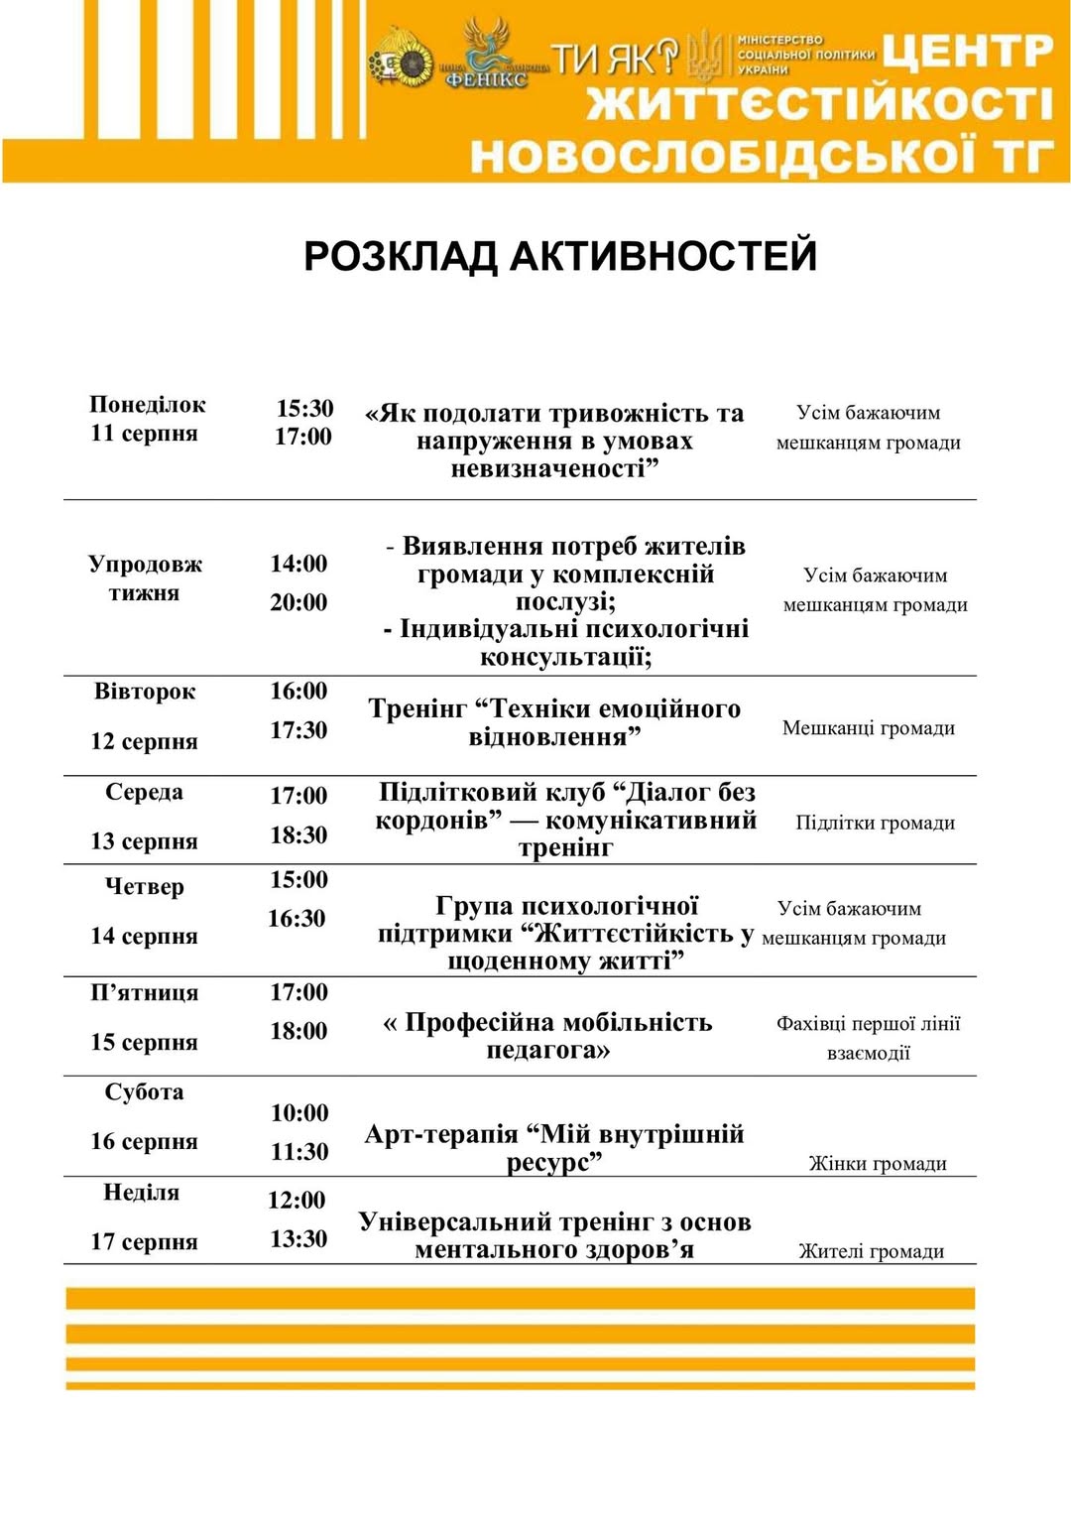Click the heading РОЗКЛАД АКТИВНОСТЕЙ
[x=560, y=256]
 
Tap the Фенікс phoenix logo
[x=487, y=55]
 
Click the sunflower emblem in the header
[x=402, y=63]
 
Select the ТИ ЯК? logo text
[x=615, y=59]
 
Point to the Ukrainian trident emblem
[x=705, y=54]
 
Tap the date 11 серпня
[x=145, y=434]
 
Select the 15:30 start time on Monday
[x=304, y=409]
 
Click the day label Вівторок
[x=145, y=692]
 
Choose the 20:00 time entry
[x=298, y=602]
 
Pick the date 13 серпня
[x=145, y=841]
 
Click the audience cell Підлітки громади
[x=875, y=823]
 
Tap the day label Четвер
[x=145, y=887]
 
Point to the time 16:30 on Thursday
[x=297, y=919]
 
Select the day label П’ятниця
[x=145, y=993]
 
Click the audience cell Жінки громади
[x=878, y=1164]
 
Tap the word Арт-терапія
[x=441, y=1134]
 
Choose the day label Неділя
[x=142, y=1193]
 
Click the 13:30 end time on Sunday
[x=298, y=1239]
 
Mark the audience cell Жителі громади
[x=872, y=1252]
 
